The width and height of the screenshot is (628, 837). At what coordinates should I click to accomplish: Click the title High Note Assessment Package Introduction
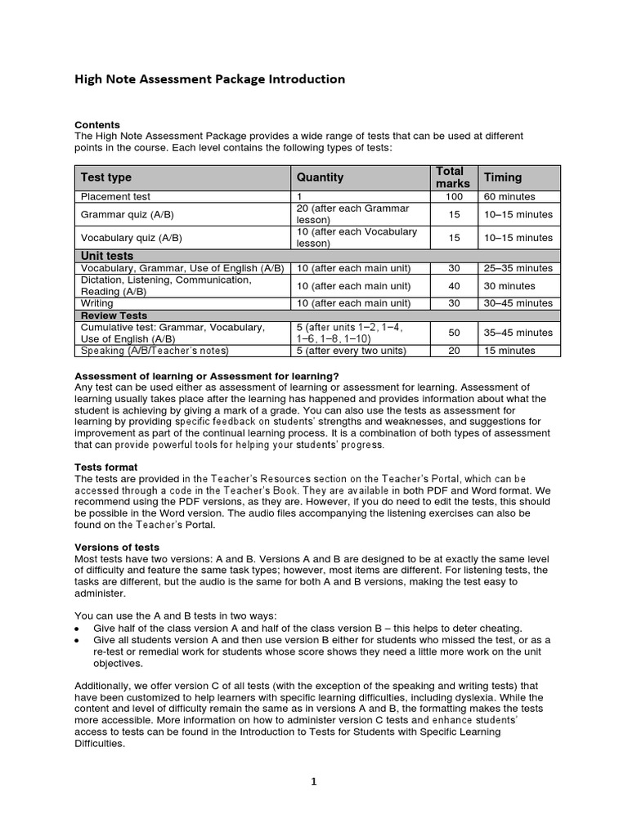[210, 79]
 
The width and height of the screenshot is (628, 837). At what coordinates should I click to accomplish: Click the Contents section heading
[97, 125]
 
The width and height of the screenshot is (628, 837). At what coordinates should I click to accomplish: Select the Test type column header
[105, 177]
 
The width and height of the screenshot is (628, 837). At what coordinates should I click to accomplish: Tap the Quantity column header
[320, 177]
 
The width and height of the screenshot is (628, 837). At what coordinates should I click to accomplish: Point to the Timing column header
[503, 177]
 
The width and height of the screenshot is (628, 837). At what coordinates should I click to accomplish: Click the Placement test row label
[115, 197]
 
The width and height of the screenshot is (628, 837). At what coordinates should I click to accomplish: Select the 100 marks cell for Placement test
[454, 197]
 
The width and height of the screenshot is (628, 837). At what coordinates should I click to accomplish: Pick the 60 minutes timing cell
[509, 197]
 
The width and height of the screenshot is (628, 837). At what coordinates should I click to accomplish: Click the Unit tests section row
[106, 256]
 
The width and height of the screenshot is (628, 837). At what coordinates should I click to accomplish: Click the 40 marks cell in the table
[454, 286]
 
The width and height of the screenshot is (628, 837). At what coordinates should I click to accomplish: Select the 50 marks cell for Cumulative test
[454, 333]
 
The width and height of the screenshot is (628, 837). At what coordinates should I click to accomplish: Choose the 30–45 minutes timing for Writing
[518, 303]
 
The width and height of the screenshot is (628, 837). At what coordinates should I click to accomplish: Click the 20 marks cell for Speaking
[454, 351]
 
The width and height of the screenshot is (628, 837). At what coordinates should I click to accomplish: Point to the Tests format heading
[106, 467]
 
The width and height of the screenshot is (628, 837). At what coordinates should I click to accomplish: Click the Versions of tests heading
[117, 547]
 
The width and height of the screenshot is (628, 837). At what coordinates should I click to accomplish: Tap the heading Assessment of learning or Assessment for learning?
[206, 375]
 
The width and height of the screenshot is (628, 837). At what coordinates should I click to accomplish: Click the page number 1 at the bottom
[313, 781]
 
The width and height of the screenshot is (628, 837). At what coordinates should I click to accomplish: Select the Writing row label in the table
[97, 303]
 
